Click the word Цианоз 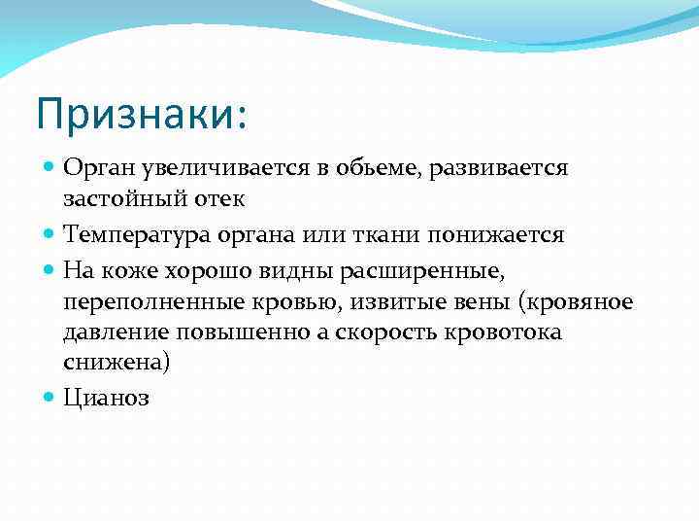pyautogui.click(x=106, y=400)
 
